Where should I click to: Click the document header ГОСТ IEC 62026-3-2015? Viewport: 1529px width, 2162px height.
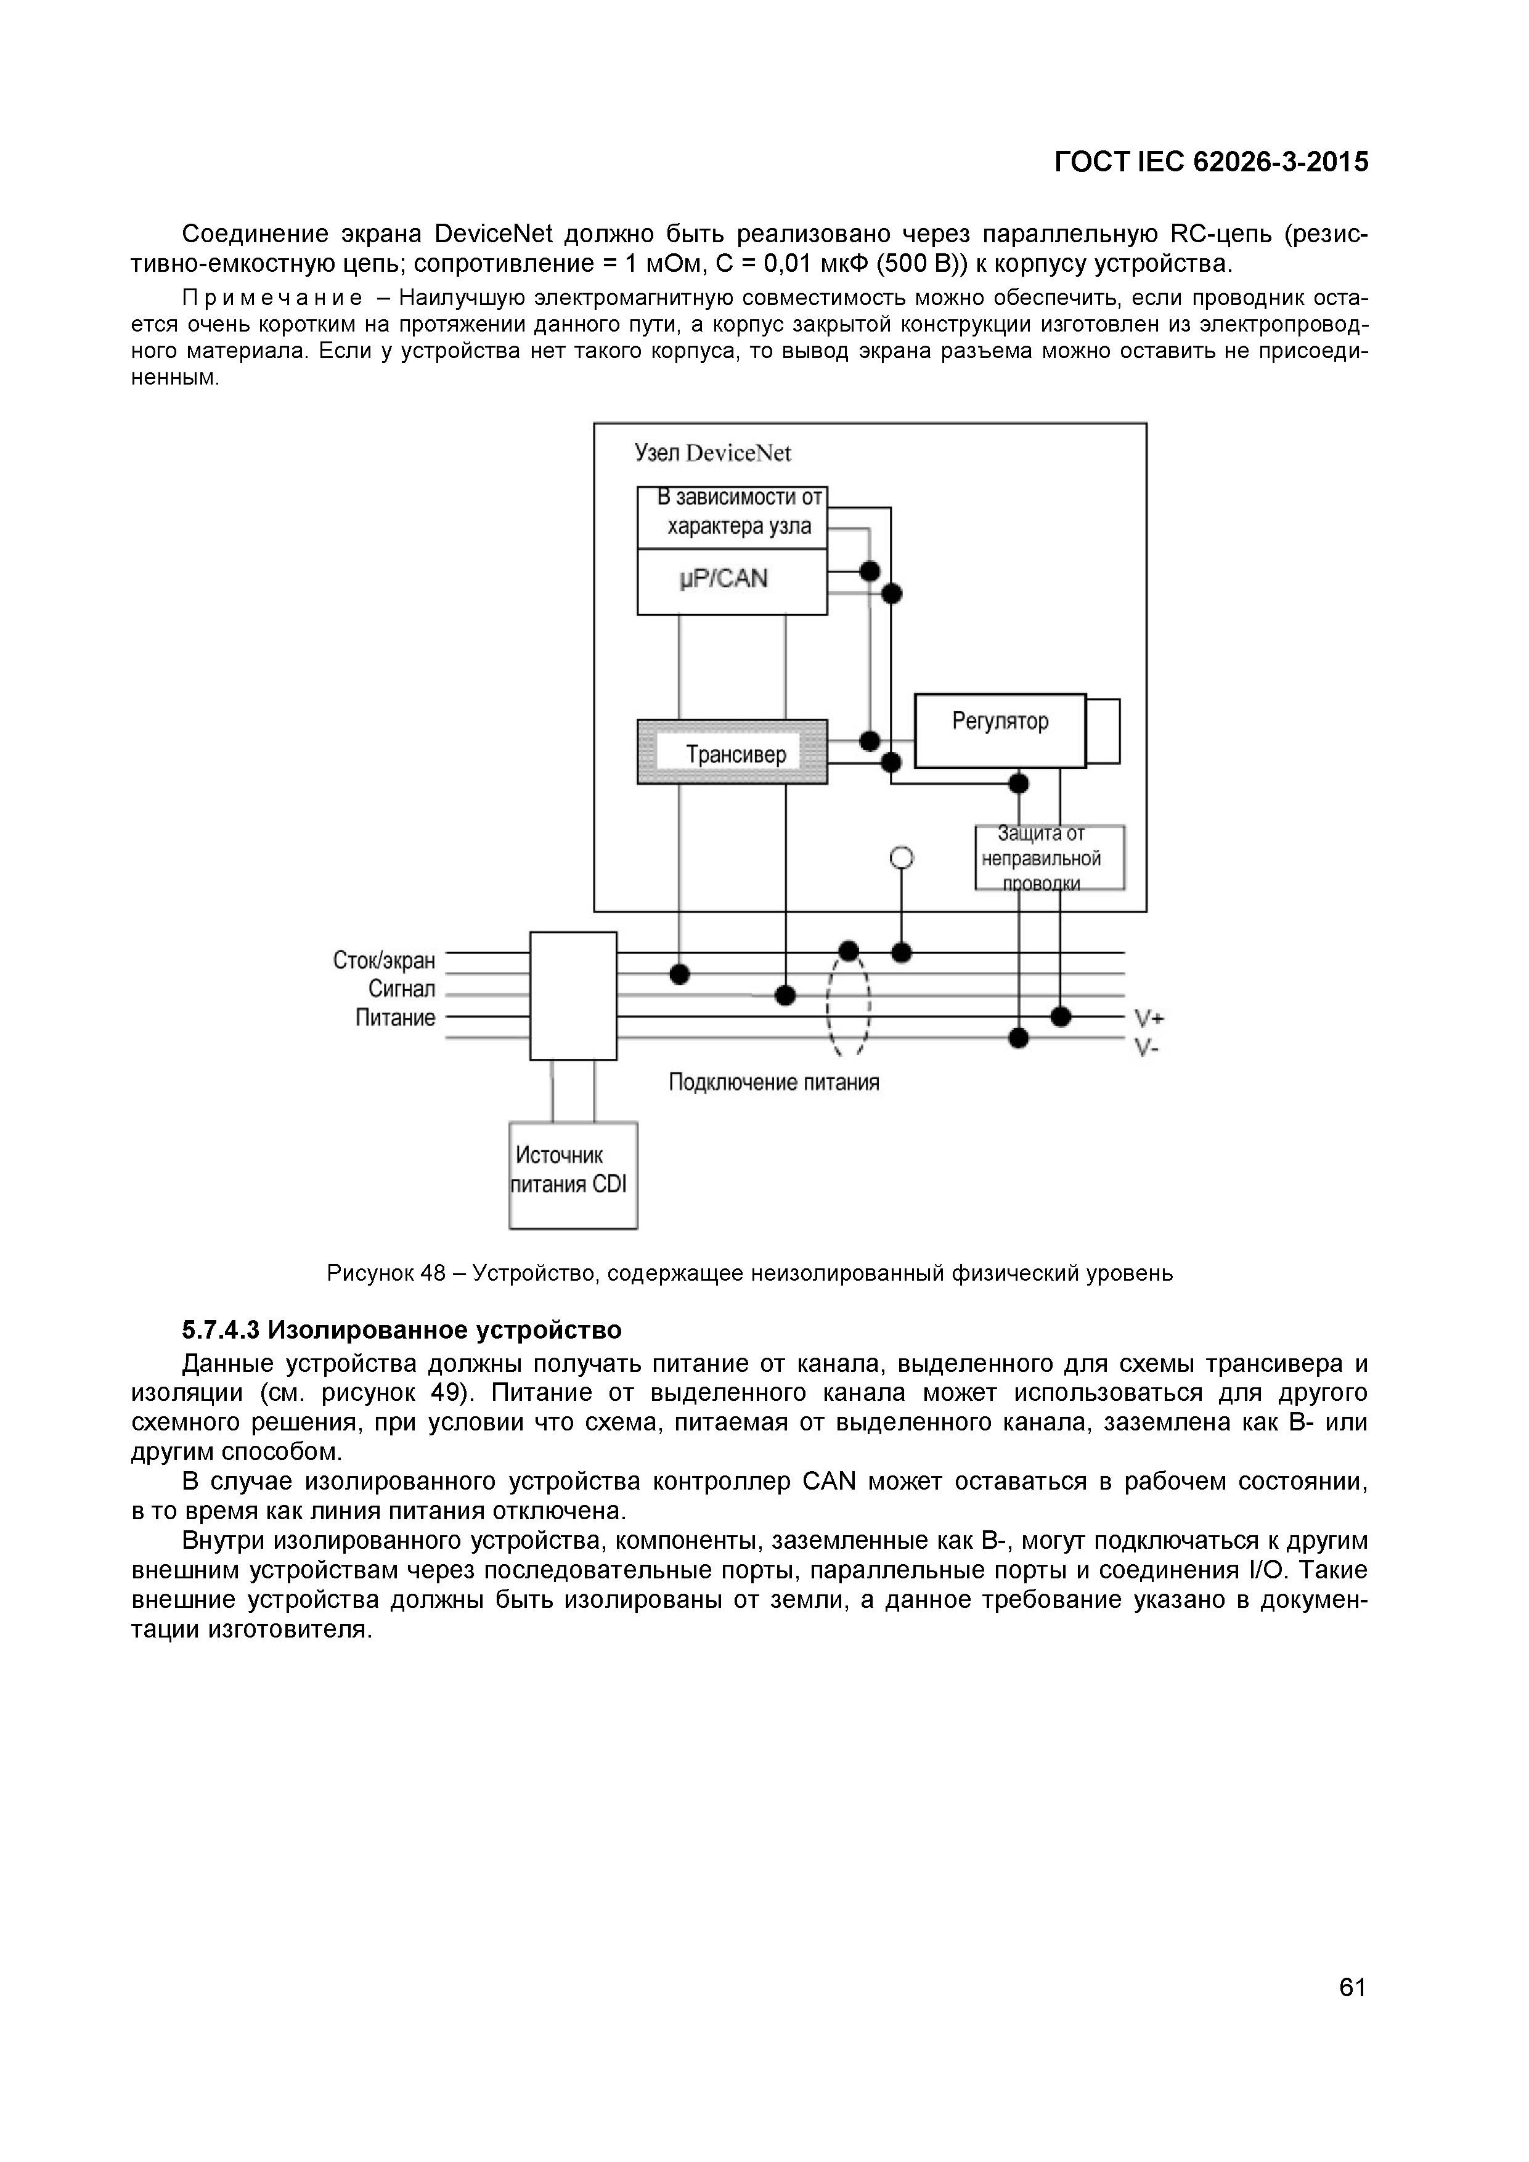click(1211, 162)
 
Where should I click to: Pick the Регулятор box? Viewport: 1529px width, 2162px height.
click(1000, 731)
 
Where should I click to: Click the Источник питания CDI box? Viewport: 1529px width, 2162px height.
click(573, 1174)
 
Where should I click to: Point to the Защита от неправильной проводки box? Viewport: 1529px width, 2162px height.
click(1049, 856)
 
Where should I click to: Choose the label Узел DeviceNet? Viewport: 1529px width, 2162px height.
click(712, 453)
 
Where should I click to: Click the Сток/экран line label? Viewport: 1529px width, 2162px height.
click(384, 960)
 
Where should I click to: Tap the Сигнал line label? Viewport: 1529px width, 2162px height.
click(401, 988)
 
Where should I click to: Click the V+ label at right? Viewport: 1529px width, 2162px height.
click(1149, 1018)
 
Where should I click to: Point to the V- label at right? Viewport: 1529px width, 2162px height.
click(1146, 1047)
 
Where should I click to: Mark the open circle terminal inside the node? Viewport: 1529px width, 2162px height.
click(901, 857)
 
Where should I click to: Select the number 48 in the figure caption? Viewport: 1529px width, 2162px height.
click(433, 1273)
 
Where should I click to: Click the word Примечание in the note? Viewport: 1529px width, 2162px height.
click(271, 298)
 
